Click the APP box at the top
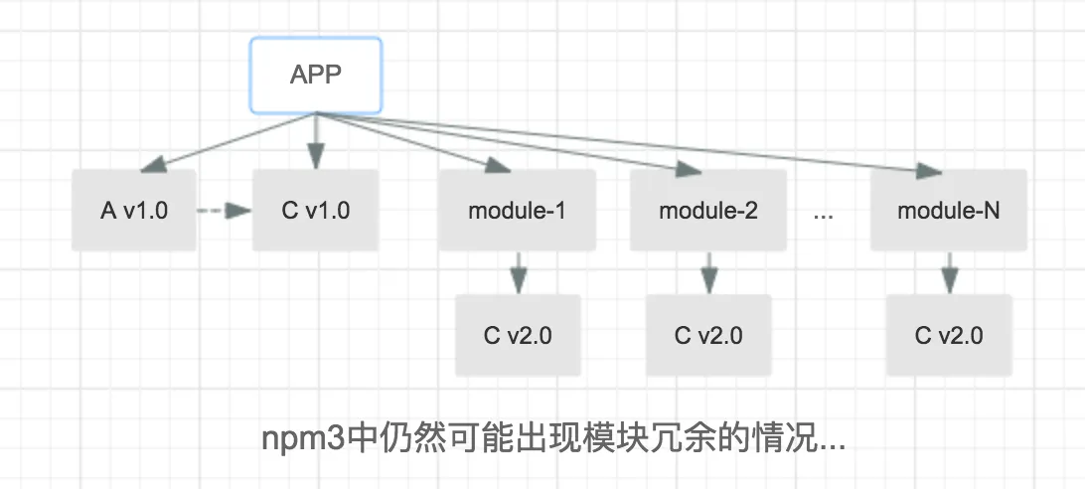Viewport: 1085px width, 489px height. (316, 75)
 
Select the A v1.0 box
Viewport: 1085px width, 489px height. (134, 210)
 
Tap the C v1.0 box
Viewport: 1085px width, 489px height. (316, 210)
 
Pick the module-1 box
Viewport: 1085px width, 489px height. (517, 210)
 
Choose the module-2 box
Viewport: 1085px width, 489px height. (707, 210)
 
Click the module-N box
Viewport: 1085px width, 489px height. (949, 210)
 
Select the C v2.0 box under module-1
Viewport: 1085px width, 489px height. (518, 335)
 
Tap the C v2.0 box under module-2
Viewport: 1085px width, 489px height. (708, 335)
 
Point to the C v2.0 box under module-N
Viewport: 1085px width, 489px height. (949, 335)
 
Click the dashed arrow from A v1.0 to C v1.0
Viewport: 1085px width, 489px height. (225, 210)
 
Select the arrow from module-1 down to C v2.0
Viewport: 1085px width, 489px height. (519, 273)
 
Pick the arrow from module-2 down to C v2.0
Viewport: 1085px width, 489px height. (708, 273)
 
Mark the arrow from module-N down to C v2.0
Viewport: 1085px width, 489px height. (950, 273)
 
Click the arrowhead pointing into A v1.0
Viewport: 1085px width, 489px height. (153, 164)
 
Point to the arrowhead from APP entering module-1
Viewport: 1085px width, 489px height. (498, 165)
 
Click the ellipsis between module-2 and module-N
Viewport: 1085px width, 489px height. (824, 216)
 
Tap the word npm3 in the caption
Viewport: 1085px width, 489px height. (303, 440)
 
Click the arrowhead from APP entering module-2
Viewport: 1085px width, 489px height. (689, 169)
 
